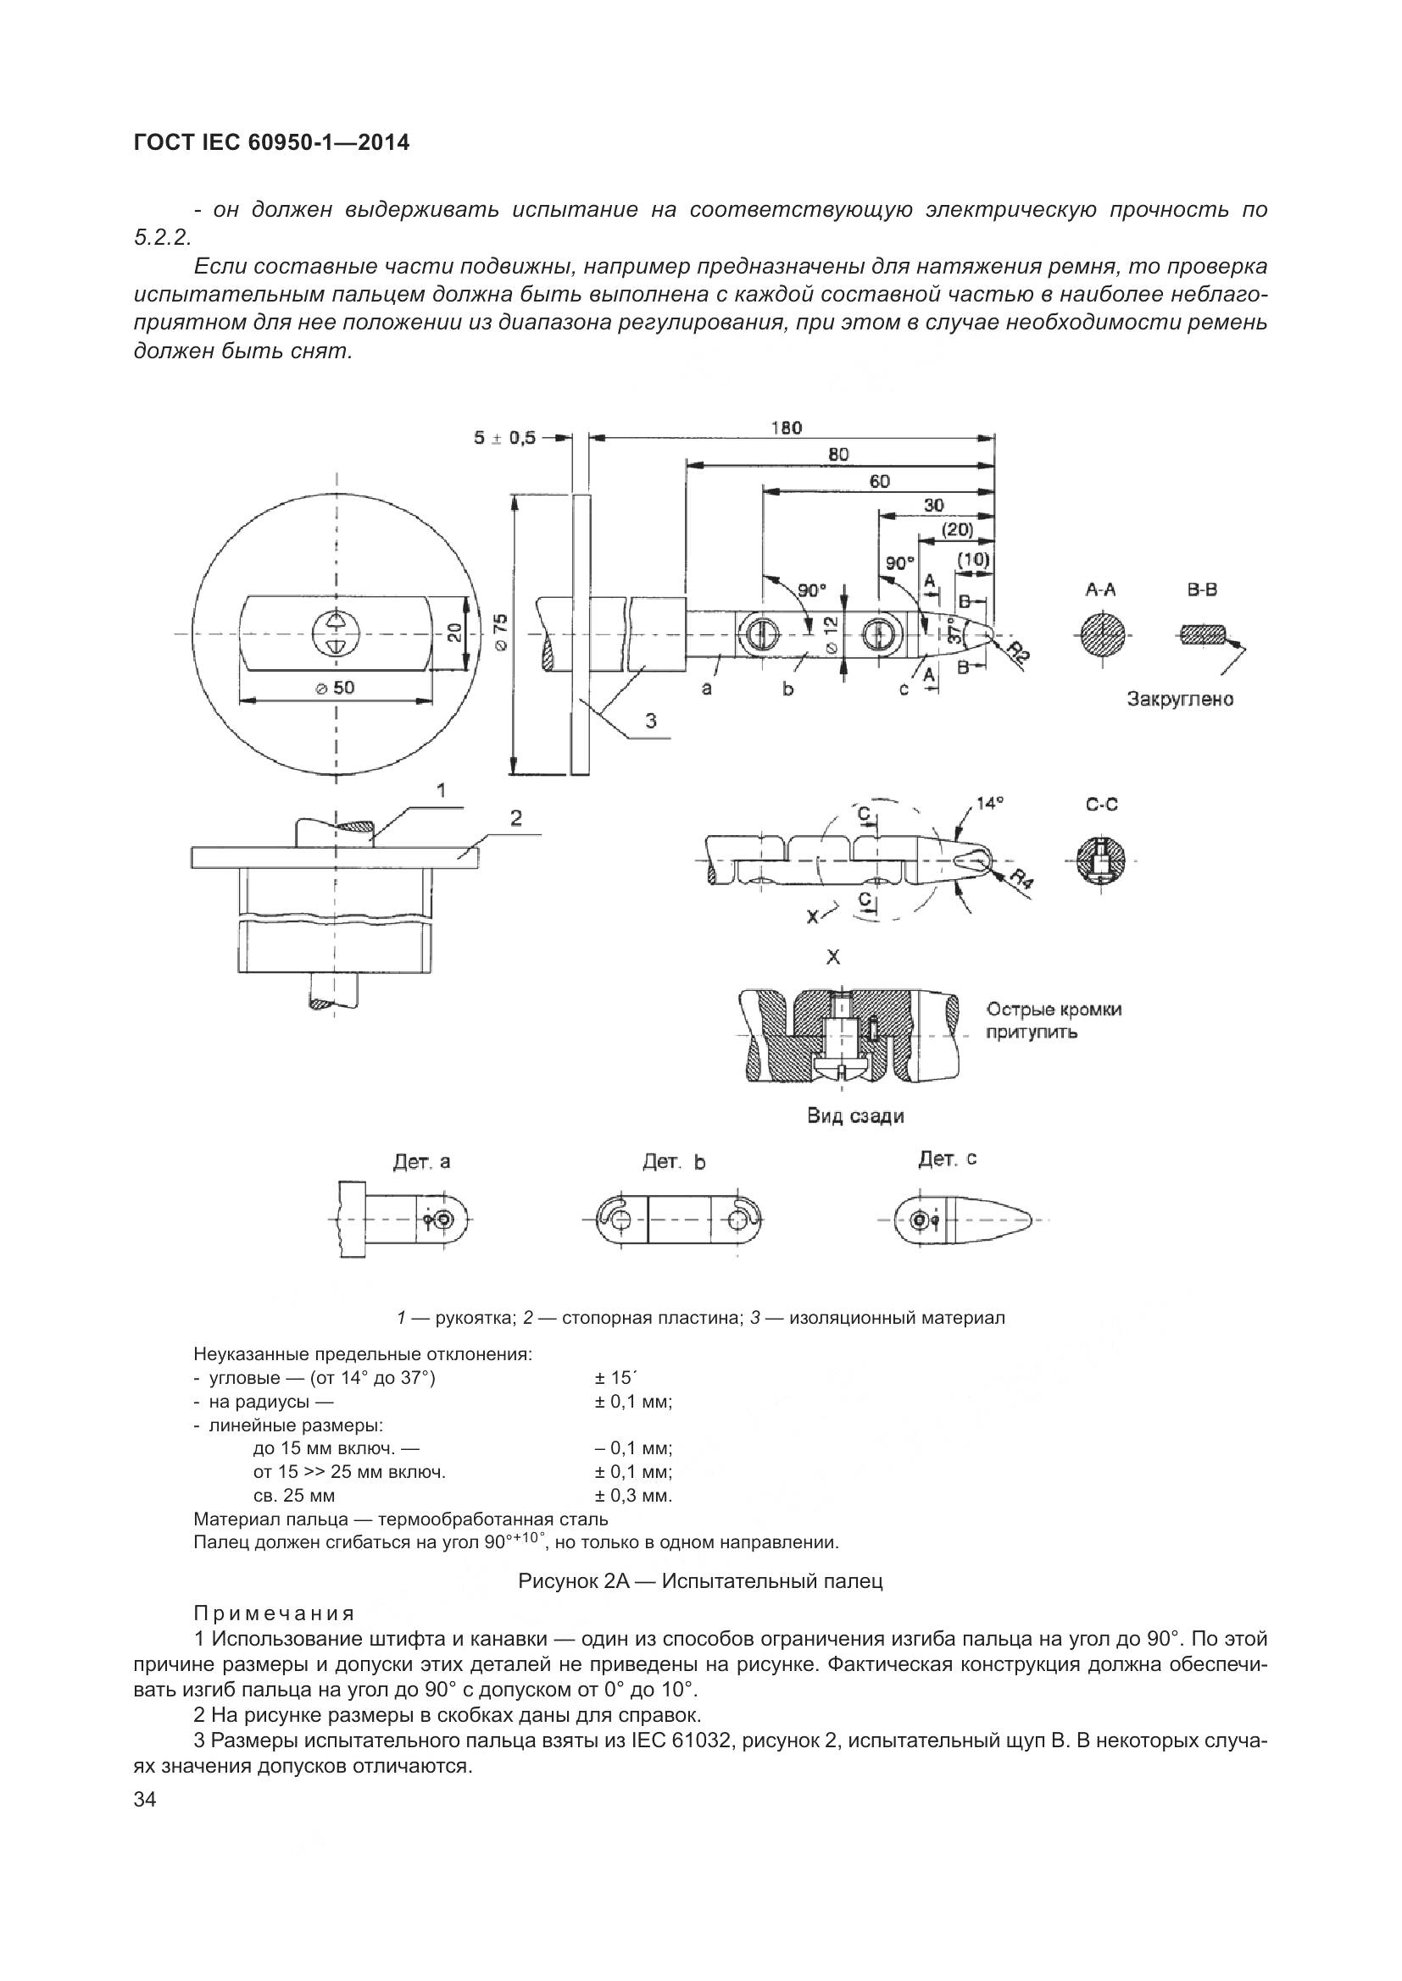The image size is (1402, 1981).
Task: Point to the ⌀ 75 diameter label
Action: coord(502,632)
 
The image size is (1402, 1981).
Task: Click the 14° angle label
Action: coord(989,803)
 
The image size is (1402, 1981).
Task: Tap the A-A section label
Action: coord(1101,590)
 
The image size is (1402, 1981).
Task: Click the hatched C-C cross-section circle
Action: coord(1101,861)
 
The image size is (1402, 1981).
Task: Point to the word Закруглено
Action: coord(1180,699)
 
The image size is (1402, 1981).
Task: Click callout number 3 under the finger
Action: coord(652,720)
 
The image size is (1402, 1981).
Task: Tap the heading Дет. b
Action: coord(673,1162)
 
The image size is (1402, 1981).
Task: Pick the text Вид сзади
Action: coord(855,1115)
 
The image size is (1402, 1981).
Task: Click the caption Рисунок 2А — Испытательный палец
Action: coord(700,1580)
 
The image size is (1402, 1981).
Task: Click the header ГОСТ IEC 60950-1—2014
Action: coord(272,142)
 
